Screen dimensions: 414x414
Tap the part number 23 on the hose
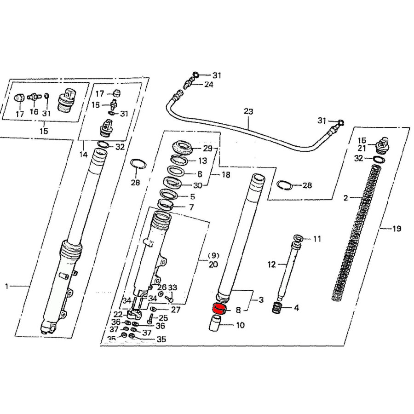coord(248,111)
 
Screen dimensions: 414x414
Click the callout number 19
coord(396,229)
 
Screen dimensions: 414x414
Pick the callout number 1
coord(7,287)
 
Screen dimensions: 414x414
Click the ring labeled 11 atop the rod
coord(298,238)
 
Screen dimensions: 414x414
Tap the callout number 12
coord(271,264)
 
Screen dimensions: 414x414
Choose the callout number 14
coord(83,155)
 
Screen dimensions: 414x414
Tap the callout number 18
coord(226,175)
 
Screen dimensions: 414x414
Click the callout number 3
coord(260,300)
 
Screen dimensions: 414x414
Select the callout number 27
coord(176,310)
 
